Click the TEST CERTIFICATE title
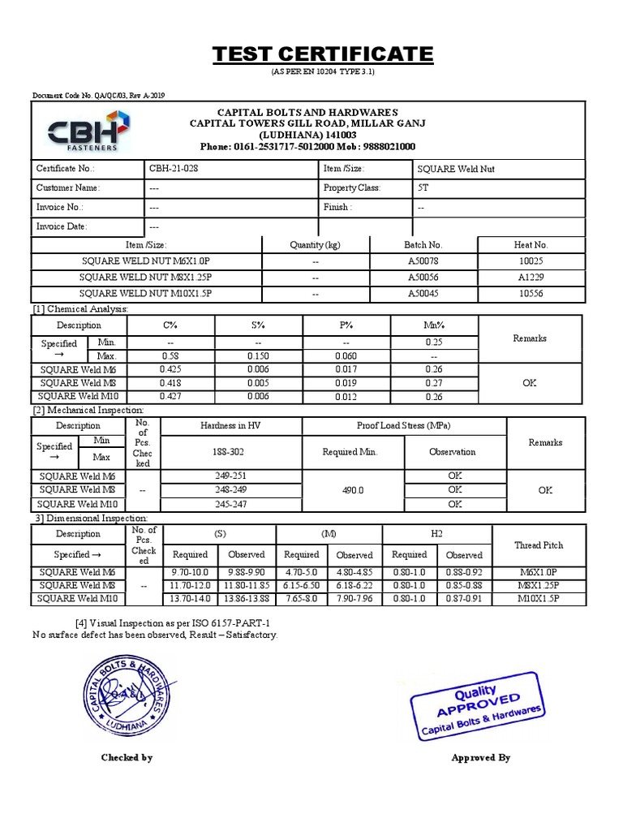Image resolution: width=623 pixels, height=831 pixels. click(x=322, y=55)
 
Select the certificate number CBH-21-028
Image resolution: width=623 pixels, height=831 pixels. click(x=174, y=169)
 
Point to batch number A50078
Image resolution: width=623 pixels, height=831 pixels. click(x=423, y=262)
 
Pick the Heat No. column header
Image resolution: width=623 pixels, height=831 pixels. click(x=531, y=244)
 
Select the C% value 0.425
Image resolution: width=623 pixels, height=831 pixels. click(x=170, y=370)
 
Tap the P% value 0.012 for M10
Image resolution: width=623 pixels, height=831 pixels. click(x=346, y=397)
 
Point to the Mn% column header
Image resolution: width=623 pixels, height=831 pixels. click(x=434, y=325)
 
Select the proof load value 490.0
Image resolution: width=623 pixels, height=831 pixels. click(x=353, y=490)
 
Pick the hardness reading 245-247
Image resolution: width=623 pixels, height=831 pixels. click(x=230, y=504)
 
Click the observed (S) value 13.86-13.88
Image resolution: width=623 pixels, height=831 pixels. click(x=247, y=599)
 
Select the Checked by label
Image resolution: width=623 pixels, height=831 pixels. click(x=127, y=757)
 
